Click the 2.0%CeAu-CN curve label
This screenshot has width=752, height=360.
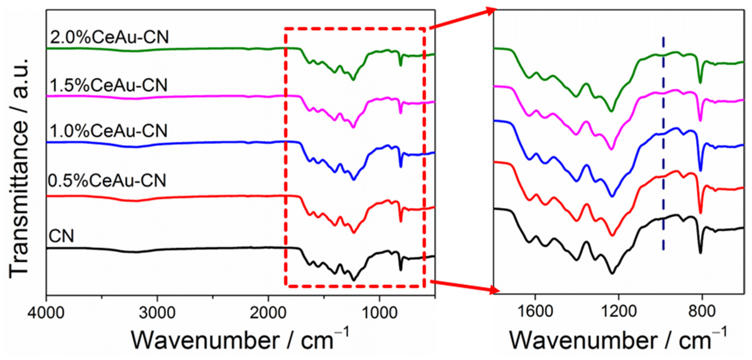[x=109, y=37]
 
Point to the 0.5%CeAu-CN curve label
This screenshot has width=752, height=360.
[x=107, y=180]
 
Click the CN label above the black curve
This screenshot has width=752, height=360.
[x=61, y=236]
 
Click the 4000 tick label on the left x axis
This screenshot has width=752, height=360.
[x=46, y=313]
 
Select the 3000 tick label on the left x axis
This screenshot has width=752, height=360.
[x=157, y=313]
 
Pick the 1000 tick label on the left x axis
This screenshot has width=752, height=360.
[x=379, y=313]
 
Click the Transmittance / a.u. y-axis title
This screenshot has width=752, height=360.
[x=19, y=168]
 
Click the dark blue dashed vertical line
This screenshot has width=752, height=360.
[x=663, y=152]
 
